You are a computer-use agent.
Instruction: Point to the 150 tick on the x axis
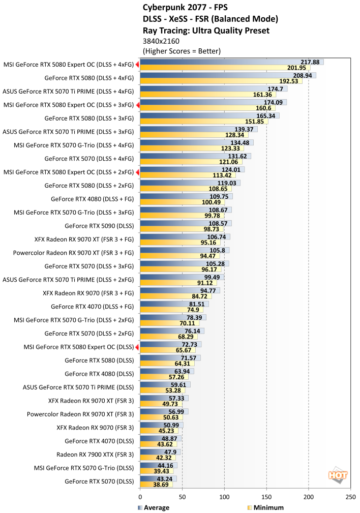[x=266, y=497]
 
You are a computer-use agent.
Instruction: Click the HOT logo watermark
[x=338, y=475]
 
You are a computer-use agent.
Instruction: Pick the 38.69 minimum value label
[x=162, y=485]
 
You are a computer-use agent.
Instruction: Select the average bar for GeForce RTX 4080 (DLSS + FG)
[x=186, y=196]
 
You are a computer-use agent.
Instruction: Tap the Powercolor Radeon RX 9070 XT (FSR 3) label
[x=80, y=413]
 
